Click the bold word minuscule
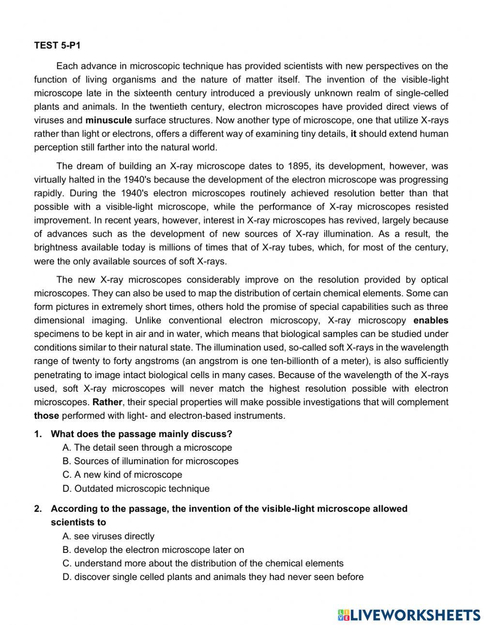pos(108,120)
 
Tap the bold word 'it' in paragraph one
pos(353,134)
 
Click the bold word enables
pos(431,320)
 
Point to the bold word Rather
pos(108,402)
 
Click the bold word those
pos(46,415)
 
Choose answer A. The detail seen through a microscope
pos(147,447)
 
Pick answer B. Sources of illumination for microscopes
pos(151,461)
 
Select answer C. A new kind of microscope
pos(122,474)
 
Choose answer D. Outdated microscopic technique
pos(136,488)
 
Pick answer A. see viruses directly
pos(108,536)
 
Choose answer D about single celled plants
pos(213,577)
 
